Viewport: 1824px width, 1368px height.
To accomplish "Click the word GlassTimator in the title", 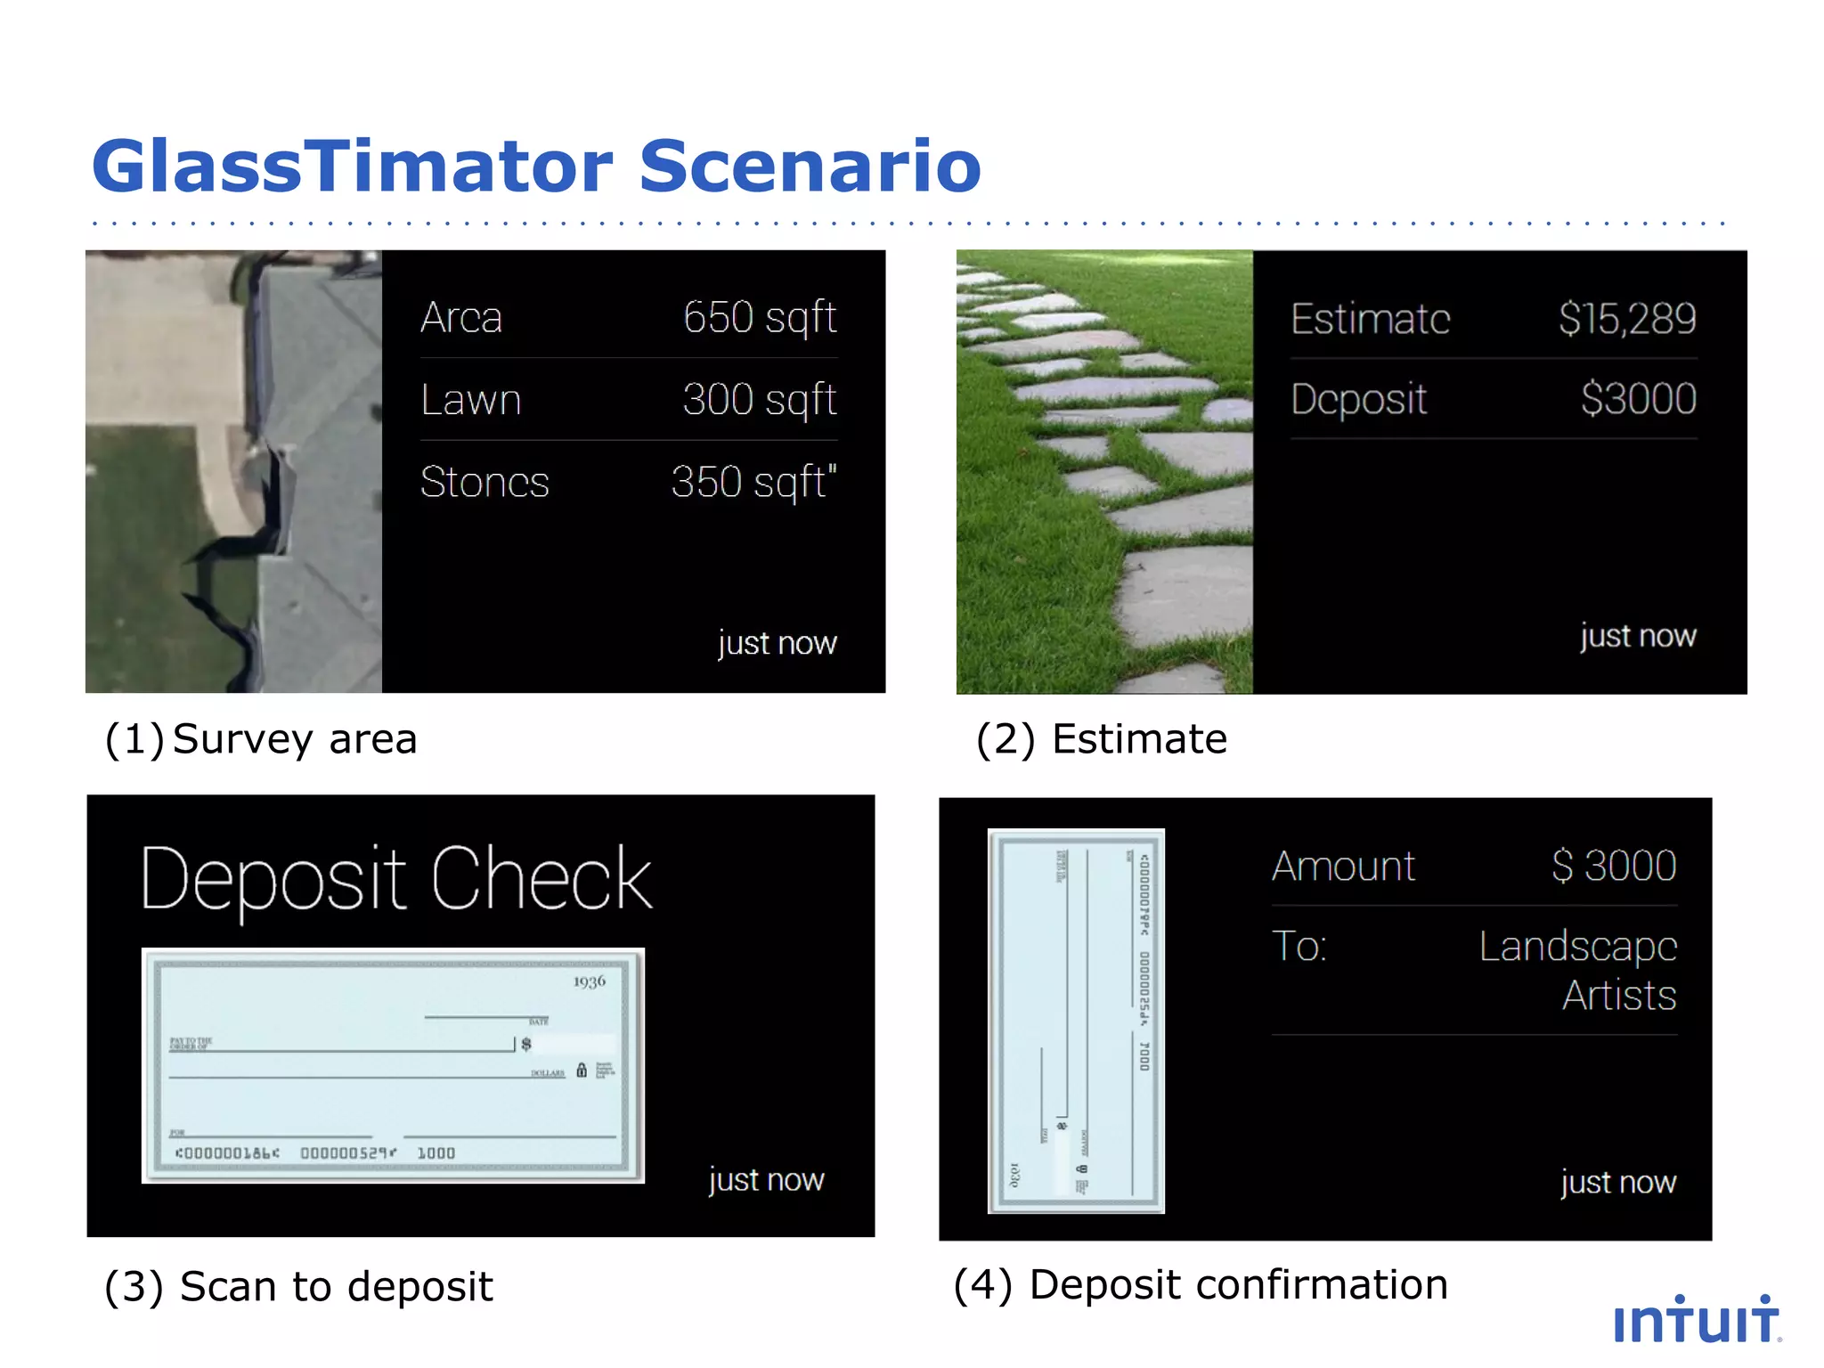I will (x=352, y=167).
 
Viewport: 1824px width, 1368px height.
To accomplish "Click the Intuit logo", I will (x=1696, y=1321).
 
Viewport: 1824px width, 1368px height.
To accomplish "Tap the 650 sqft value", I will (x=759, y=317).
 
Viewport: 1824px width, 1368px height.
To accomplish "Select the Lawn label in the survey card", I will (x=470, y=400).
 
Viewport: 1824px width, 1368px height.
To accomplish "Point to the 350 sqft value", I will (x=753, y=482).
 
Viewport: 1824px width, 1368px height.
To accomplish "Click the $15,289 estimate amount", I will (x=1626, y=319).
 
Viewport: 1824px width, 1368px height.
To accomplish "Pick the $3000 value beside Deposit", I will (x=1638, y=398).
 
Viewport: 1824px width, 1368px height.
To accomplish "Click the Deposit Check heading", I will (x=396, y=880).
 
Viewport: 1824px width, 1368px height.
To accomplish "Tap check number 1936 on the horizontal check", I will (x=589, y=981).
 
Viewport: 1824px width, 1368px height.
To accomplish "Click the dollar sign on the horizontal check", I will (x=526, y=1044).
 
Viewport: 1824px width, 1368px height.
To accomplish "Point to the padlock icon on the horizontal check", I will (x=582, y=1070).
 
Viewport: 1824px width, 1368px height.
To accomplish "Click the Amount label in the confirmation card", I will (x=1343, y=866).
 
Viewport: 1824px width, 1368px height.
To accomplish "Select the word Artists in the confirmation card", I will (x=1618, y=995).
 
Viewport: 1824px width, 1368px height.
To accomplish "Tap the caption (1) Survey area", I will (x=260, y=739).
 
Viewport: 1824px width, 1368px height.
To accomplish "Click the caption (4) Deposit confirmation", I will (x=1200, y=1285).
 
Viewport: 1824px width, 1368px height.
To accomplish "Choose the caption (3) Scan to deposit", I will (x=298, y=1287).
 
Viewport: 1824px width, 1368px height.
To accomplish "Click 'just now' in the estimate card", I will (x=1637, y=636).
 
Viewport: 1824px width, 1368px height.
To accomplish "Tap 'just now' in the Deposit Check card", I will (x=766, y=1180).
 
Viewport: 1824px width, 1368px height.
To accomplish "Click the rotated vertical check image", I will (x=1076, y=1021).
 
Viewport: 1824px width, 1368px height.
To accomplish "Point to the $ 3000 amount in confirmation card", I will (x=1613, y=866).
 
